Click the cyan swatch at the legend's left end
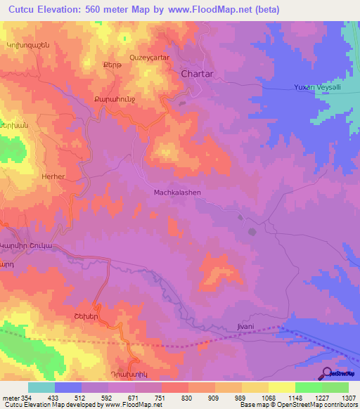[41, 387]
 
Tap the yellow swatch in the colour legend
[282, 387]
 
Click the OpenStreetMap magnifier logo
[328, 373]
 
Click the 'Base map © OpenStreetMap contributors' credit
[297, 405]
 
